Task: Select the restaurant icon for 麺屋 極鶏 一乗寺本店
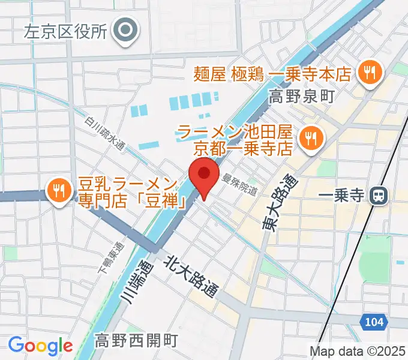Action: (x=367, y=73)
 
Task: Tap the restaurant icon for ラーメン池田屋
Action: (x=310, y=138)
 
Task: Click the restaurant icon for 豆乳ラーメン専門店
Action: (x=59, y=191)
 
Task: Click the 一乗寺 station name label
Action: (x=341, y=196)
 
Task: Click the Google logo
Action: (x=40, y=345)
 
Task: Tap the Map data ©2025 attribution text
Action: (x=357, y=351)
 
